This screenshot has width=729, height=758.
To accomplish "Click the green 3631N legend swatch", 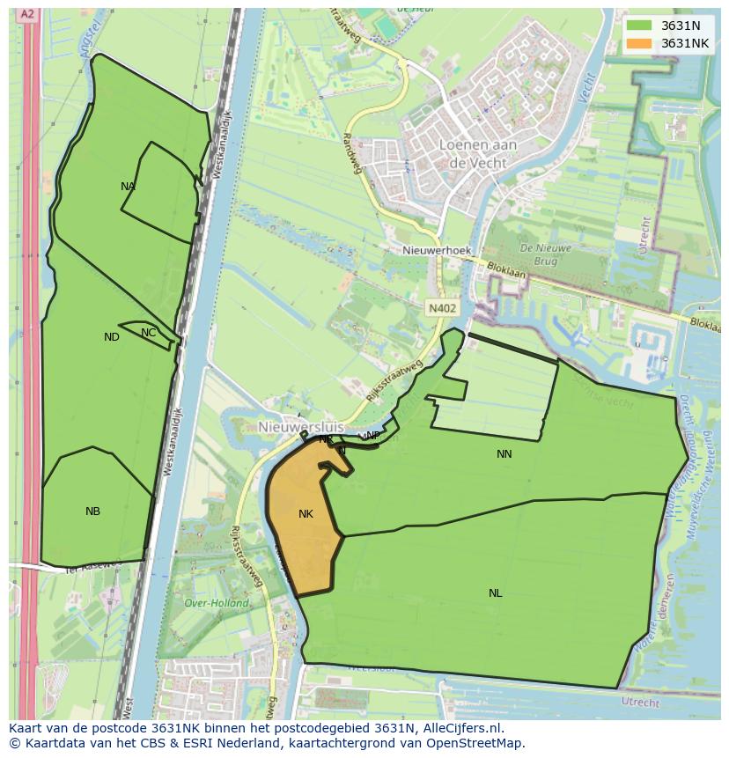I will pos(639,26).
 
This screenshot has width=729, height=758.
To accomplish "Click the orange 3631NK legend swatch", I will pos(639,43).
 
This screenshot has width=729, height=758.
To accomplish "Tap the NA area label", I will pos(129,187).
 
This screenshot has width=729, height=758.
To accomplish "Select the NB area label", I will pos(92,511).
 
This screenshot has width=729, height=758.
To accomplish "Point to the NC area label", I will pos(148,333).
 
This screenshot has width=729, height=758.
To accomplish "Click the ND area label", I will pos(111,337).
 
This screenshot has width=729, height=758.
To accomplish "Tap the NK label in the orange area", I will pos(306,514).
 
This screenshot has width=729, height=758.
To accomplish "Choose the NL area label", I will pos(496,593).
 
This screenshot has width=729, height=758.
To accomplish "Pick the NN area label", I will pos(504,454).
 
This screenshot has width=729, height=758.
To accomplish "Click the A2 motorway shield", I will pos(28,14).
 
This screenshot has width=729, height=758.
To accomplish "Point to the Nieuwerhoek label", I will pos(437,251).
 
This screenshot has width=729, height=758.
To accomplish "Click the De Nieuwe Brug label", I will pos(546,254).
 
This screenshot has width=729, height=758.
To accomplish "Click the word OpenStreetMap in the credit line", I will pos(475,743).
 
